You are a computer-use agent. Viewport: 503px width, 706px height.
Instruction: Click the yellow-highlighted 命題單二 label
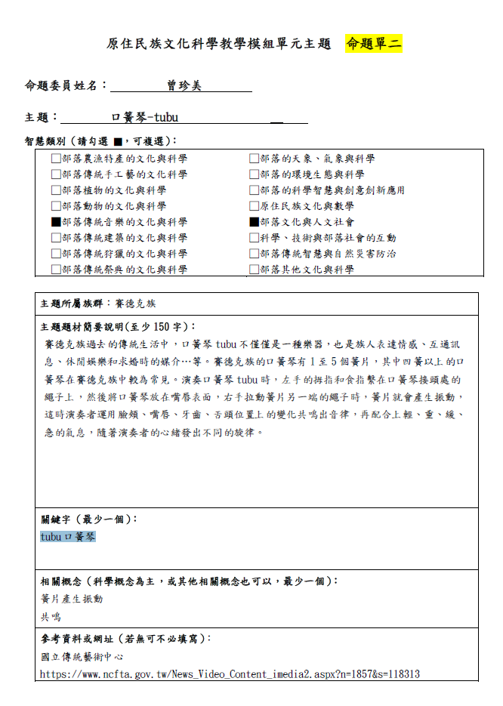point(374,44)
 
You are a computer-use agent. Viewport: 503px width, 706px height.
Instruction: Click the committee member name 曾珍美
point(184,86)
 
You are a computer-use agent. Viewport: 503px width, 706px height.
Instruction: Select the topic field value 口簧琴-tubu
point(144,117)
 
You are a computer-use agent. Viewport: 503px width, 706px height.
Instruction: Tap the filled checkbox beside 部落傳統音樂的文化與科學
point(56,222)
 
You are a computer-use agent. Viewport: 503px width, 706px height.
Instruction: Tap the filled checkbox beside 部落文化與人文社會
point(255,222)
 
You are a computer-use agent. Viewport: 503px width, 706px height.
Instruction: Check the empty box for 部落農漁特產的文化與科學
point(56,159)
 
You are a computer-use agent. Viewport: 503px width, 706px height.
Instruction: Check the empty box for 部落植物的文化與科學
point(56,190)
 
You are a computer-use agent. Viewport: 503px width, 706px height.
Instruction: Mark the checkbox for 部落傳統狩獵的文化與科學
point(56,254)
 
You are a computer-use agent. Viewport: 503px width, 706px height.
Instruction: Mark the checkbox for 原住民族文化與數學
point(255,206)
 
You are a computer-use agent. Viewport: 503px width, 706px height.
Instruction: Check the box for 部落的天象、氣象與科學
point(255,159)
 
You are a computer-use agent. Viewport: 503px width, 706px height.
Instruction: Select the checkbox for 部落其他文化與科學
point(255,270)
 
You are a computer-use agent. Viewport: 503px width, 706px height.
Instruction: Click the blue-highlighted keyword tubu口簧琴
point(68,537)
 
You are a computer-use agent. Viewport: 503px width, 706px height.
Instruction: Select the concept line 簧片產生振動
point(72,599)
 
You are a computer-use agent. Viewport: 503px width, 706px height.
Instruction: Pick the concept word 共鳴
point(51,617)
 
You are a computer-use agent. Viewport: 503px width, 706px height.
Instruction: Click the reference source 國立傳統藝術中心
point(82,657)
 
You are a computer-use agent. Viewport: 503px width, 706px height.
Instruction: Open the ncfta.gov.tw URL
point(230,674)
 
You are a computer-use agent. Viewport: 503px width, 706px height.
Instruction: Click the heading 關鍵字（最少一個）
point(89,519)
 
